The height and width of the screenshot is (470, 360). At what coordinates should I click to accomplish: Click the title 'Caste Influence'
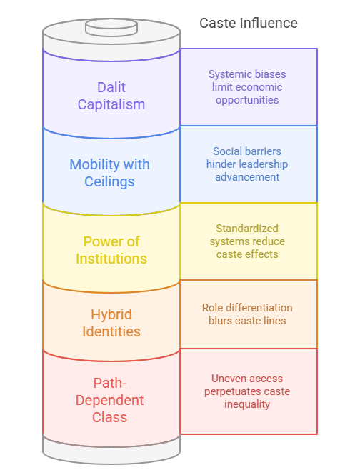248,24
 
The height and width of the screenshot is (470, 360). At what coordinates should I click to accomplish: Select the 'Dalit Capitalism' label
111,96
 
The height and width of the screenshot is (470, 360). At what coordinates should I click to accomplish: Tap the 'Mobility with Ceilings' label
110,173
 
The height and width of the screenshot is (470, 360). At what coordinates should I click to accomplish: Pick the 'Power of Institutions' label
111,250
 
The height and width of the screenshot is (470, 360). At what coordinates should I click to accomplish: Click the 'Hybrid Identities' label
111,323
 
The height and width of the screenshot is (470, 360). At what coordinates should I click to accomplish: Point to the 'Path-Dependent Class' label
110,400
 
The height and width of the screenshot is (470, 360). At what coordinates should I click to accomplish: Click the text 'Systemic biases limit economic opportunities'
246,86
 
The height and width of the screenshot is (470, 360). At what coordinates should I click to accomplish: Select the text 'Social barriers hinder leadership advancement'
247,164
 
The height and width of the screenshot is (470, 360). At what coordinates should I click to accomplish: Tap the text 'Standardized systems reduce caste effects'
248,241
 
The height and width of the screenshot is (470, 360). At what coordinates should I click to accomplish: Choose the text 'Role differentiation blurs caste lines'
247,314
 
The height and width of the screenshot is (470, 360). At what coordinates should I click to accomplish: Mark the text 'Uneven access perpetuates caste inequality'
247,391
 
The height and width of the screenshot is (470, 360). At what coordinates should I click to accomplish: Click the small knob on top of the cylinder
111,26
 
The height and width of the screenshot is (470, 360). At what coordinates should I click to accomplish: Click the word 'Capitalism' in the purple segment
111,104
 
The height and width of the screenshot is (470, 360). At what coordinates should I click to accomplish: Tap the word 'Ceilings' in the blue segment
110,181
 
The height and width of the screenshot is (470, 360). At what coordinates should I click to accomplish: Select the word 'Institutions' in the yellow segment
111,259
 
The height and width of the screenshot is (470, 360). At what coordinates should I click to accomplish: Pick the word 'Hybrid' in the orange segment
111,314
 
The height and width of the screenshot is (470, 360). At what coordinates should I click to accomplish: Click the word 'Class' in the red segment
110,417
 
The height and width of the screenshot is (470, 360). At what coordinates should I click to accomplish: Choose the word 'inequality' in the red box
247,404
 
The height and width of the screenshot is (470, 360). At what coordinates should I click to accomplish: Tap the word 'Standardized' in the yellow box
248,229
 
